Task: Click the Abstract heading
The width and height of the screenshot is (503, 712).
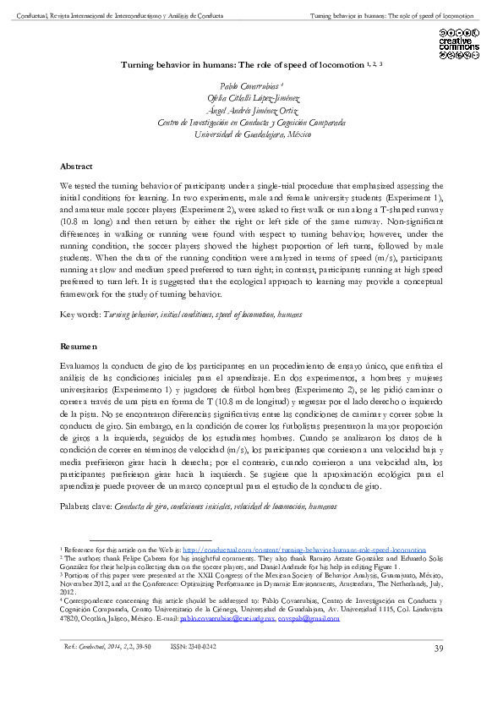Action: point(76,167)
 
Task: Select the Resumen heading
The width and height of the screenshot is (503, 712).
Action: point(79,347)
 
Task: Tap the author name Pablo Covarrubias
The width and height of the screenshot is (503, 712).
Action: point(251,87)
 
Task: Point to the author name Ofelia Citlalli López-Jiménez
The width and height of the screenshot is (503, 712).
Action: point(251,99)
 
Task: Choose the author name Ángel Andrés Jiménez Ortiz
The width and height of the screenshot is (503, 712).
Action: point(251,111)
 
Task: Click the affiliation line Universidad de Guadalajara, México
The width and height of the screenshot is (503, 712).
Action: point(251,134)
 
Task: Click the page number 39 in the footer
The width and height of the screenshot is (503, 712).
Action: point(438,648)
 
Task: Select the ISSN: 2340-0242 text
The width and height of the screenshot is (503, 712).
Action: point(194,647)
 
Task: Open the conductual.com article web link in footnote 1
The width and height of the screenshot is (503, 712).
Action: point(304,550)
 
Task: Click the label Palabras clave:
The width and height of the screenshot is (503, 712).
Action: point(85,506)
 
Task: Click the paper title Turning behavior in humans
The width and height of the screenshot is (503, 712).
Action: point(243,63)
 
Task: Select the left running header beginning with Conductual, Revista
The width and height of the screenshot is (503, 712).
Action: point(115,16)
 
